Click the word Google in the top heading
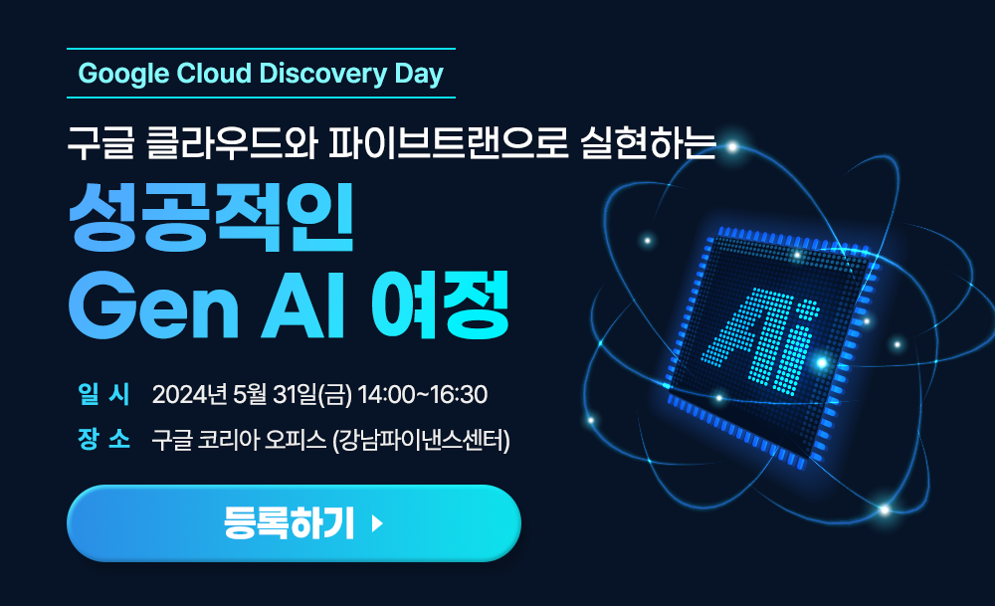pos(123,75)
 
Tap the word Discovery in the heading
pos(323,74)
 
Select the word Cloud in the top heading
pos(214,73)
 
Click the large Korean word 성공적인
pos(211,217)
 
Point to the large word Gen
pos(153,306)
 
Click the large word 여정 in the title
pos(440,305)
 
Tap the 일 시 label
pos(103,393)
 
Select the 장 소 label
pos(103,439)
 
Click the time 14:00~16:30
pos(423,395)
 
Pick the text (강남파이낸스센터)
pos(421,440)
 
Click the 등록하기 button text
pos(289,523)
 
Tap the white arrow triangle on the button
pos(377,523)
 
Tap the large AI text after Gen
pos(302,306)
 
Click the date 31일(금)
pos(311,395)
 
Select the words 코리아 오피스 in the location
pos(262,440)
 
